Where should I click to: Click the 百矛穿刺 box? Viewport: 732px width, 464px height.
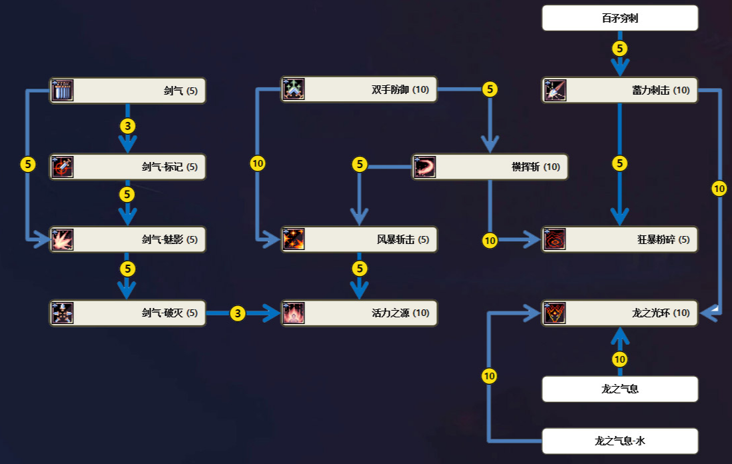click(x=620, y=18)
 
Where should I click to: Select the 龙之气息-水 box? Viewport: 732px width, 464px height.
click(x=620, y=441)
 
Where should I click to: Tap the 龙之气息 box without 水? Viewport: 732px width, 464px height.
click(x=620, y=389)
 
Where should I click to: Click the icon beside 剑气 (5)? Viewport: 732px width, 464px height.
click(x=63, y=90)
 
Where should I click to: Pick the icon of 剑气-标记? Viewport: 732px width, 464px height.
click(x=63, y=167)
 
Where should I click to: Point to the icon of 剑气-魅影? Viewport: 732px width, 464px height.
click(x=63, y=240)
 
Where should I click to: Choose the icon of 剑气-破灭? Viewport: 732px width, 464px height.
click(x=63, y=313)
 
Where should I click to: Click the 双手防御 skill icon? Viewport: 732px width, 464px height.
click(x=294, y=89)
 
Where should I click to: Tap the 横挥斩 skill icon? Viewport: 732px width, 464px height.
click(x=425, y=167)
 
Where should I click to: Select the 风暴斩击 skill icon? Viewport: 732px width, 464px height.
click(x=294, y=239)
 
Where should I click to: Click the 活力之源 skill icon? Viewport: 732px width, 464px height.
click(x=294, y=313)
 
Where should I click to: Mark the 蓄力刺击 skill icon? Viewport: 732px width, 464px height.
click(x=555, y=90)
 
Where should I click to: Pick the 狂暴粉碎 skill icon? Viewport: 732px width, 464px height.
click(x=555, y=239)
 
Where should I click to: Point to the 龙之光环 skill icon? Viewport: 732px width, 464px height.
click(x=555, y=313)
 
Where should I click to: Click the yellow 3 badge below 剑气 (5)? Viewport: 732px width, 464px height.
click(x=127, y=126)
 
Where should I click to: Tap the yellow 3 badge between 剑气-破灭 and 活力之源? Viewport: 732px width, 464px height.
click(x=238, y=313)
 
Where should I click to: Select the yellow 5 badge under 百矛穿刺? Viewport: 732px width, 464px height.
click(x=620, y=48)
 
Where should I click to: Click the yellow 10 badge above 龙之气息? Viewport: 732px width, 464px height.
click(x=619, y=359)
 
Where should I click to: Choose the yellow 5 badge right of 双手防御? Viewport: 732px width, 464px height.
click(x=490, y=89)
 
